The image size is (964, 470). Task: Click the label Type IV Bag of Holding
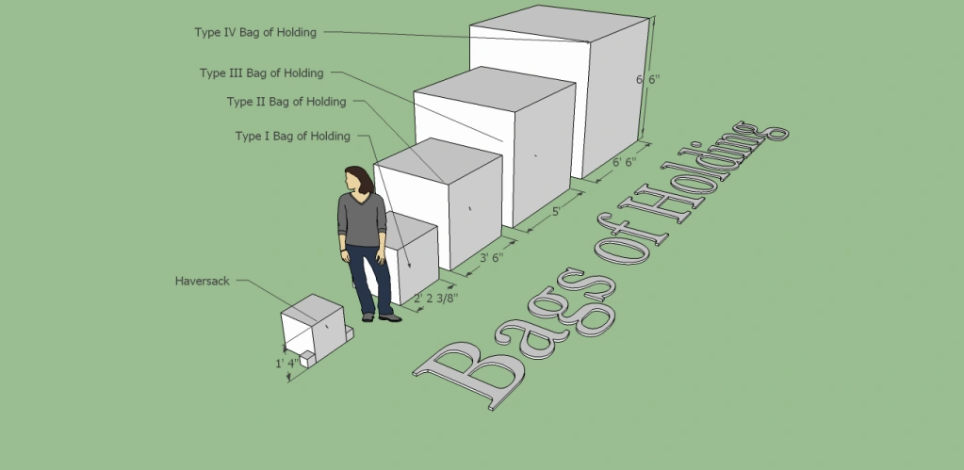pyautogui.click(x=254, y=32)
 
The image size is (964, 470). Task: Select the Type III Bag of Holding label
pyautogui.click(x=261, y=73)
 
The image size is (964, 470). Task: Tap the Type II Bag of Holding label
pyautogui.click(x=286, y=102)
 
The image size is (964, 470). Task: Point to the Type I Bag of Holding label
pyautogui.click(x=292, y=137)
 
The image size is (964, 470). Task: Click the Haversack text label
pyautogui.click(x=203, y=281)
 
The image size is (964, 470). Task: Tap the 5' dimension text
pyautogui.click(x=557, y=212)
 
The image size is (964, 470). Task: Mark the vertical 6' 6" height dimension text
pyautogui.click(x=647, y=80)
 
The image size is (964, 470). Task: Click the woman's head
pyautogui.click(x=359, y=180)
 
